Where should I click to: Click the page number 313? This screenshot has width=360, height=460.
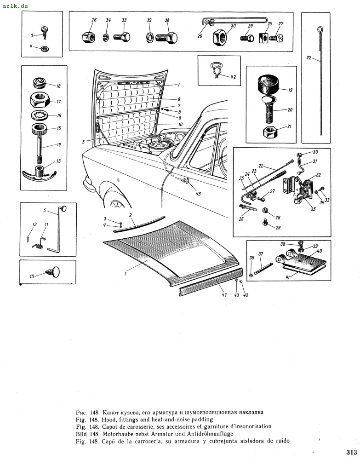[x=350, y=451]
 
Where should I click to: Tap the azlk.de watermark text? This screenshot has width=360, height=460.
[x=15, y=6]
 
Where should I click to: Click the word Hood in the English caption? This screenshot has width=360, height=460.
[x=111, y=420]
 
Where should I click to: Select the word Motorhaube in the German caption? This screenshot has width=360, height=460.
[x=118, y=434]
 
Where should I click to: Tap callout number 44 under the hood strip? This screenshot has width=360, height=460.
[x=224, y=295]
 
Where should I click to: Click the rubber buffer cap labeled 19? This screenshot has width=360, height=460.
[x=268, y=85]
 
